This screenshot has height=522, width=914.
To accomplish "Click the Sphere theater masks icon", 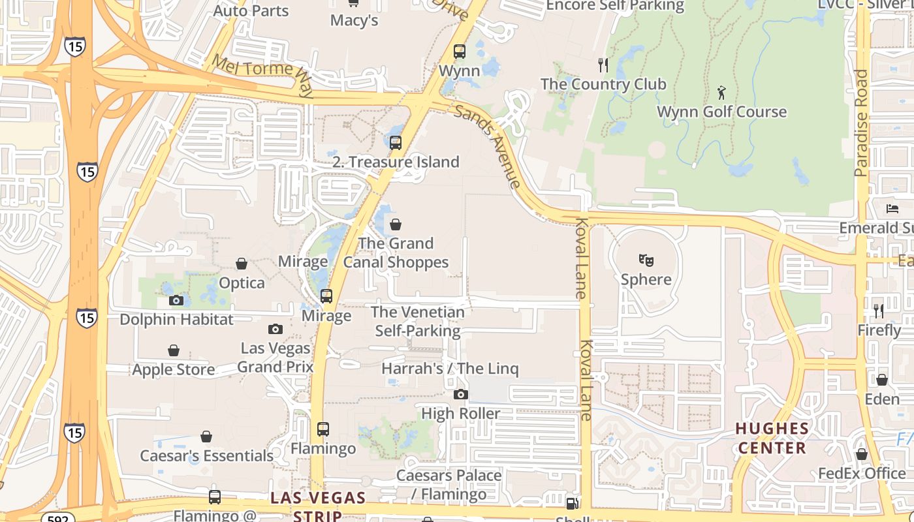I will coord(646,260).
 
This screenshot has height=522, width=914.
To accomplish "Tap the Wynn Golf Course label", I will coord(721,112).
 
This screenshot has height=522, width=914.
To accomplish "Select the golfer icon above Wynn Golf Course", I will coord(721,92).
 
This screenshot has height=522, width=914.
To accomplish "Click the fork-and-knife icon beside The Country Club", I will coord(603,65).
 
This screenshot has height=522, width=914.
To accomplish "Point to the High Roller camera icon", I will coord(461,394).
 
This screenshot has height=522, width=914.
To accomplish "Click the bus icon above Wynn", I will coord(460,51).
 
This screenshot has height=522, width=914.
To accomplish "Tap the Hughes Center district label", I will coord(772,438).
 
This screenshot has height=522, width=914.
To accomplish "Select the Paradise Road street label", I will coord(861,123).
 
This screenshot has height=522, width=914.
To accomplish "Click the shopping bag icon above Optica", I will coord(242,264).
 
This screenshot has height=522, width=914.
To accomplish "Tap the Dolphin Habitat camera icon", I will coord(176,300).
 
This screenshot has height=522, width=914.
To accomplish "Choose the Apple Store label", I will coord(173,369).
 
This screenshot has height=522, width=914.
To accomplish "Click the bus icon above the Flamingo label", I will coord(323,429).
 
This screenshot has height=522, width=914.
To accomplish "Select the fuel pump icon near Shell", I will coord(572,503).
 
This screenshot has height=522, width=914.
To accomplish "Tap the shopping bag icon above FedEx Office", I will coord(862,454).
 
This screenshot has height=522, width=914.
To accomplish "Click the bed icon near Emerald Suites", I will coord(892,209).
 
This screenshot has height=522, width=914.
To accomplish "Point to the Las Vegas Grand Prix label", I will coord(275,357).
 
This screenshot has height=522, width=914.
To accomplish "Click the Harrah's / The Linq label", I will coord(450,369).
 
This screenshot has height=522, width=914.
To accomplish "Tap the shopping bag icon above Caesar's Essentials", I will coord(206,436).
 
